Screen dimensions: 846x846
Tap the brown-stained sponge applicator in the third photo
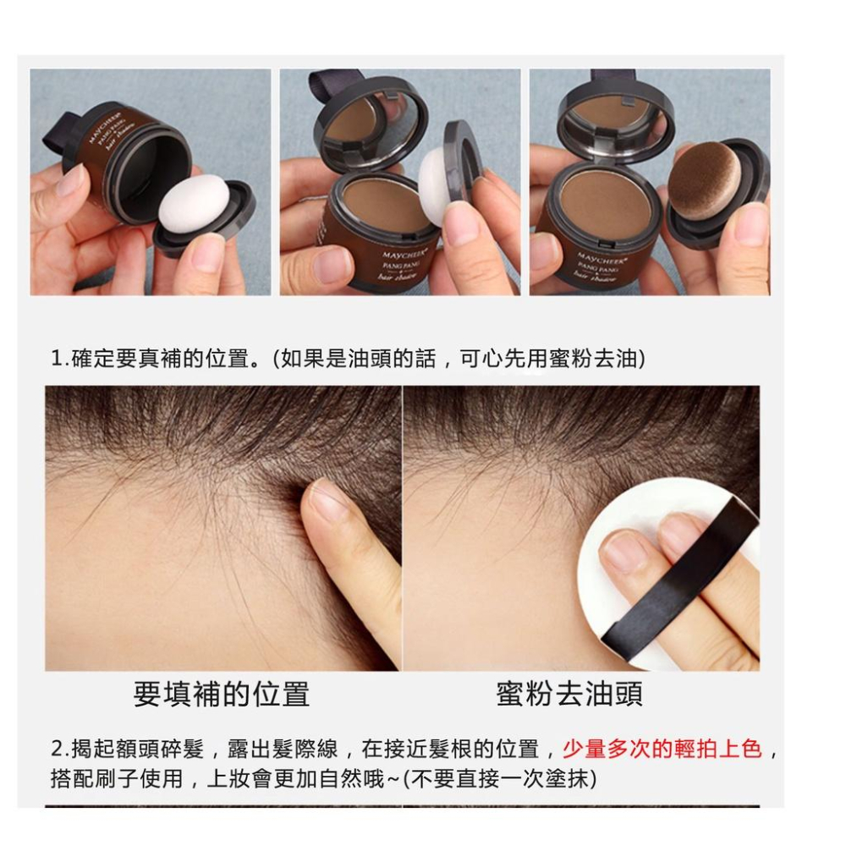[x=704, y=181]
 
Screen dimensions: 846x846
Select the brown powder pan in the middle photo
[x=386, y=204]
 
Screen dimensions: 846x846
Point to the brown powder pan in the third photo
[x=605, y=199]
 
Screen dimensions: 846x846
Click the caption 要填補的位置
[x=222, y=694]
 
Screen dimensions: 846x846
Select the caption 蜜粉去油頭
[x=569, y=694]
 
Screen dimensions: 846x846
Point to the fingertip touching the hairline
[x=326, y=501]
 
